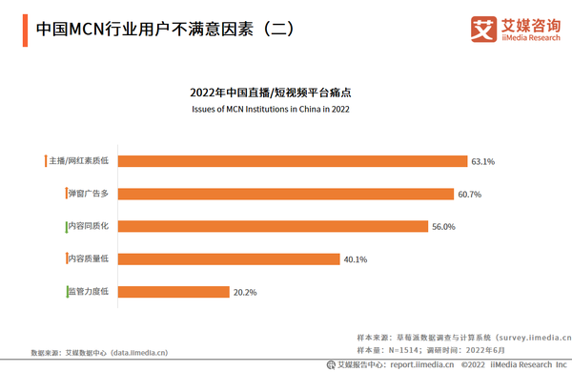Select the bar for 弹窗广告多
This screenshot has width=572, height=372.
click(x=285, y=194)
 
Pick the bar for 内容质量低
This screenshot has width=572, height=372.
click(x=228, y=258)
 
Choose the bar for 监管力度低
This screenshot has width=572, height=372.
click(x=173, y=291)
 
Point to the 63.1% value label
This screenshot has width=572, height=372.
click(x=483, y=161)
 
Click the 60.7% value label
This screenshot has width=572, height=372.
click(x=470, y=194)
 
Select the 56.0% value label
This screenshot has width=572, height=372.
click(x=444, y=226)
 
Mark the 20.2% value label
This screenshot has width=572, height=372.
click(x=245, y=291)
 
